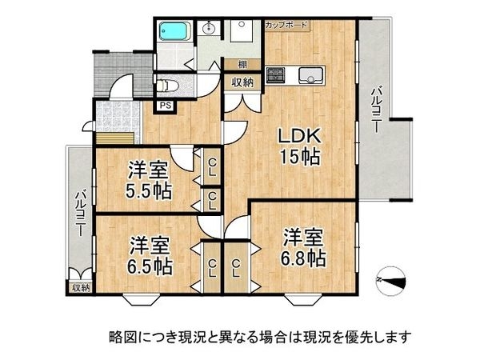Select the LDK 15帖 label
299,146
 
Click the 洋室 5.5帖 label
150,180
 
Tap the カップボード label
286,26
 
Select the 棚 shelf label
240,64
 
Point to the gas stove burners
276,76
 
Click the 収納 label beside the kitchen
242,82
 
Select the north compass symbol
393,280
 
